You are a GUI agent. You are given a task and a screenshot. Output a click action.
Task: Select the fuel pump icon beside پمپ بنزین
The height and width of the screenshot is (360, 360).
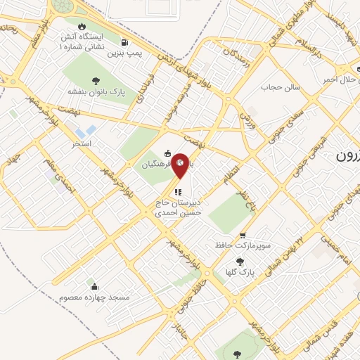[x=125, y=41]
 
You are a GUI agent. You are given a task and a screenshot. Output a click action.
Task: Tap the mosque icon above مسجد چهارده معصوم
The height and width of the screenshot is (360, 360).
[x=94, y=286]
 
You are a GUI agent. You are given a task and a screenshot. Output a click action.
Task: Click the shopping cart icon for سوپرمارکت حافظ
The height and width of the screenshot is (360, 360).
[x=243, y=236]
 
